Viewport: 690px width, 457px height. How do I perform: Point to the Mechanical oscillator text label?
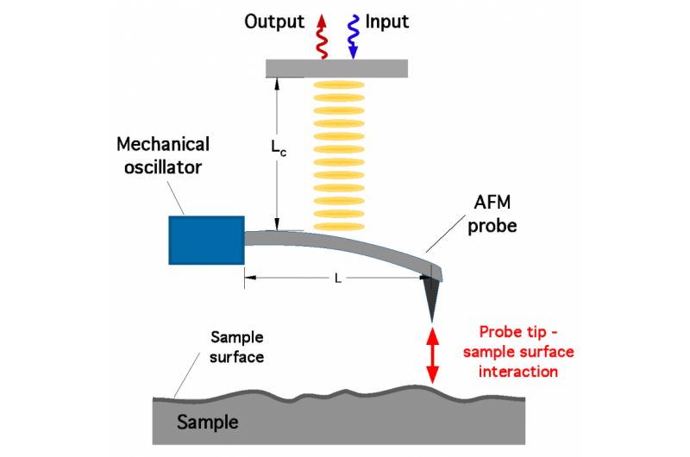[x=165, y=153]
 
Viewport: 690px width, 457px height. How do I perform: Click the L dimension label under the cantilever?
[x=336, y=278]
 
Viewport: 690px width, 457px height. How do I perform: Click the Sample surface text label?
[x=237, y=345]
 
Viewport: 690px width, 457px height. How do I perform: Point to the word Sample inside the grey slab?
[x=207, y=423]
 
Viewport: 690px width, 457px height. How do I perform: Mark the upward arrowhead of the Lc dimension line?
[x=278, y=84]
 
